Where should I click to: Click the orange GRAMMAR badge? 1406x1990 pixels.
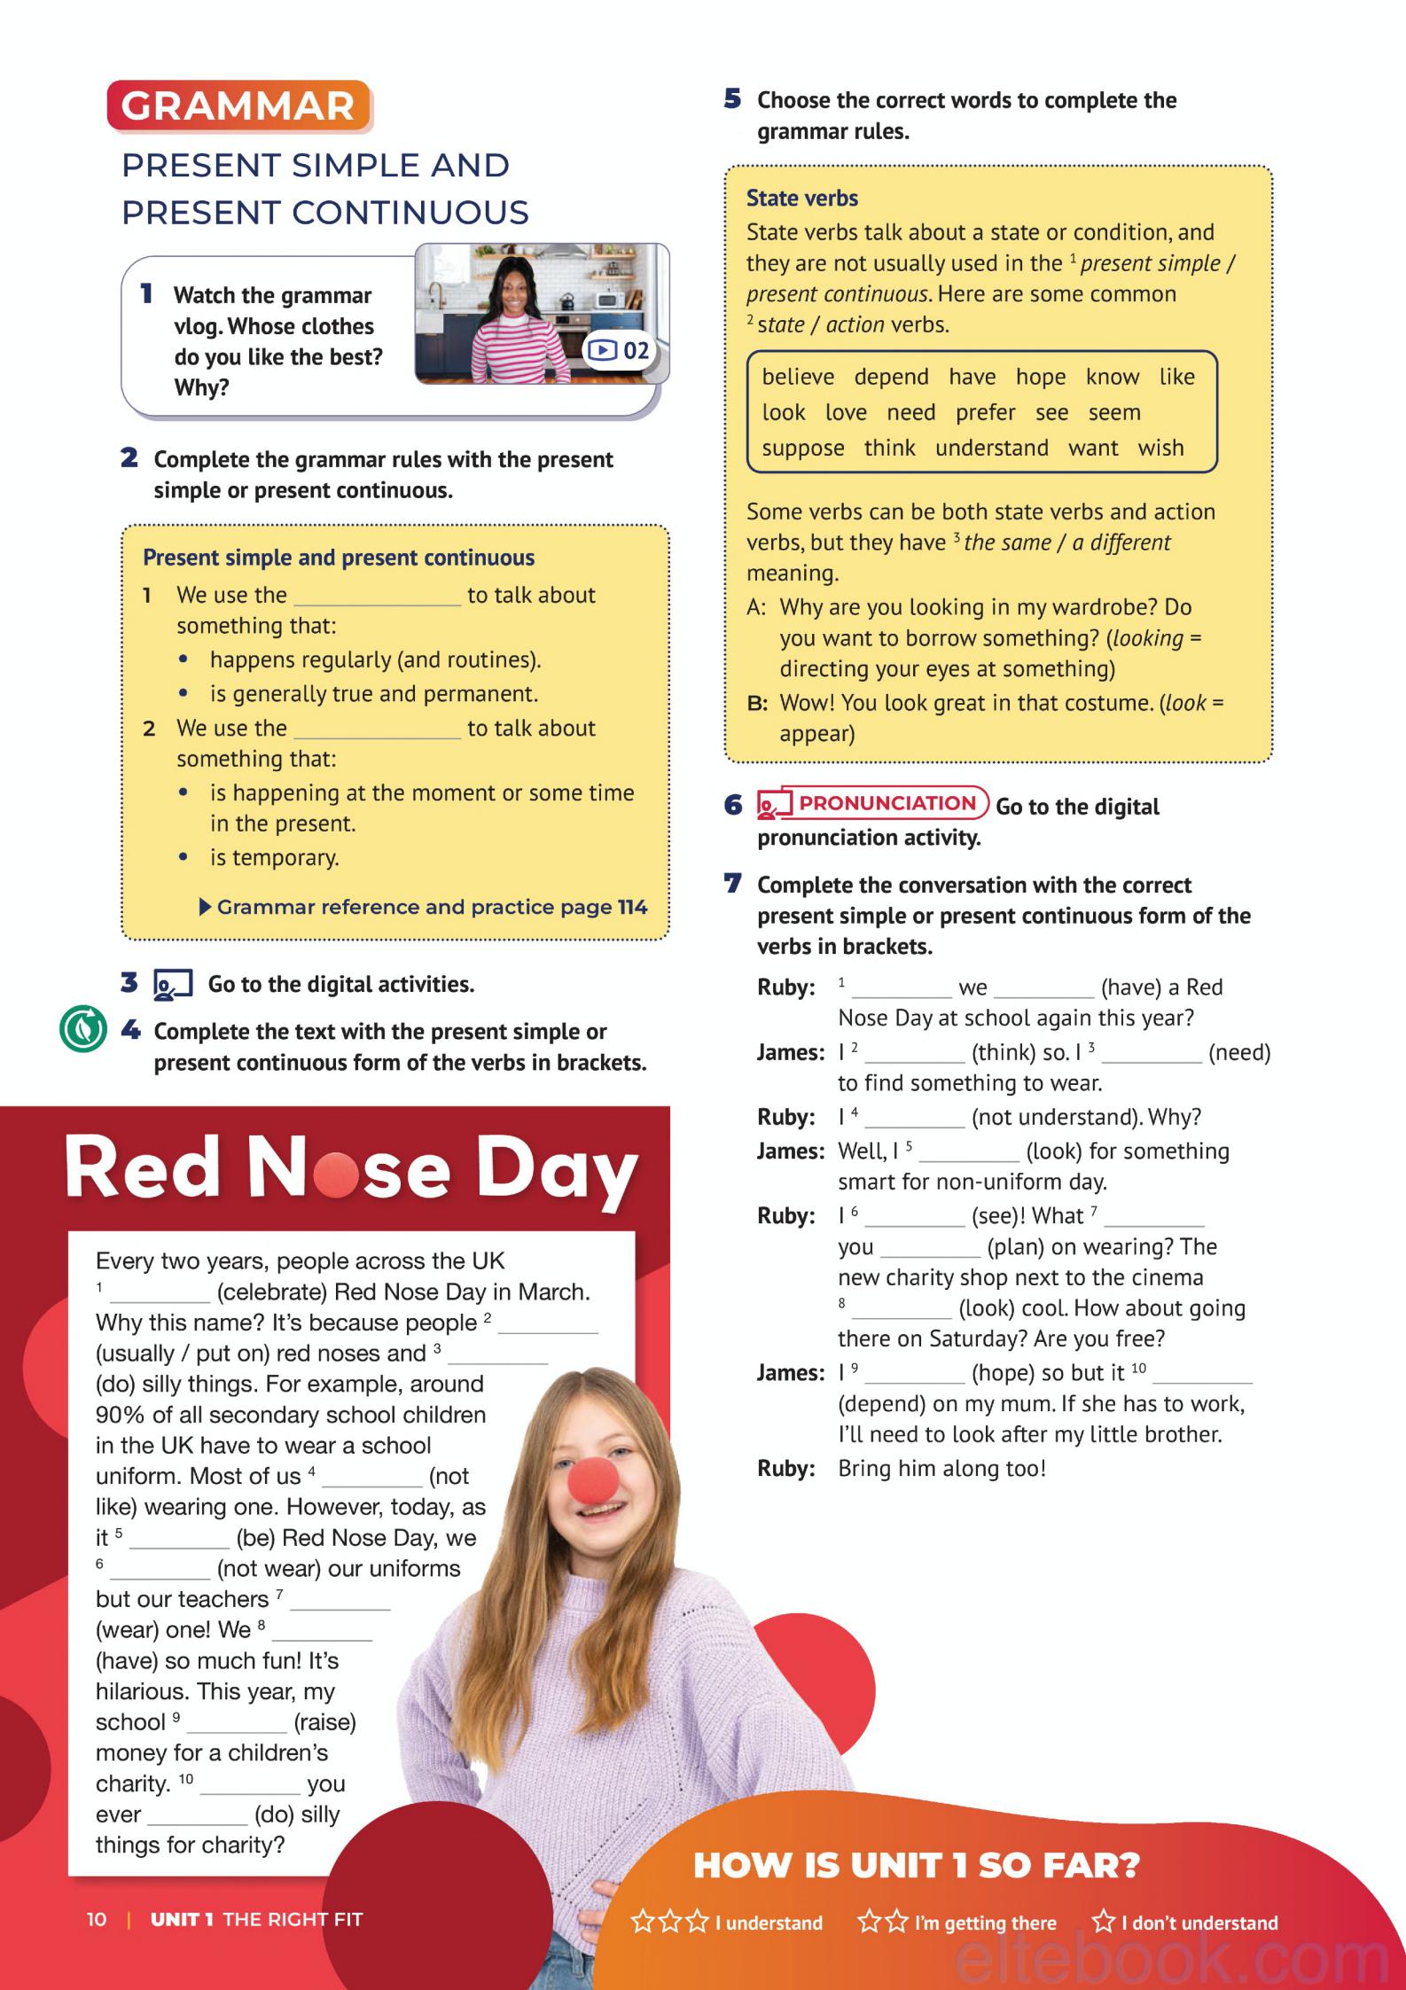click(x=238, y=106)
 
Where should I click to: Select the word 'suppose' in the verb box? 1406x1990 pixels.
click(x=803, y=449)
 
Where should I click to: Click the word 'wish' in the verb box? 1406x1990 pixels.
click(x=1160, y=448)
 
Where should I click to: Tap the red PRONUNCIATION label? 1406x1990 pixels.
click(x=885, y=803)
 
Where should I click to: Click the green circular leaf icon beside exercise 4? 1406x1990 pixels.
click(x=82, y=1029)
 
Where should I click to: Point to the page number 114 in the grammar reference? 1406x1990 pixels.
click(x=632, y=907)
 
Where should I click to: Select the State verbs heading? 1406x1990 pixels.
click(x=801, y=198)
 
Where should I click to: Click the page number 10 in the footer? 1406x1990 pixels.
click(x=97, y=1919)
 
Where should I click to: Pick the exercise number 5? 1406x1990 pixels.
click(x=732, y=99)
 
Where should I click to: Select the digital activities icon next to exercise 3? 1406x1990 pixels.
click(x=173, y=984)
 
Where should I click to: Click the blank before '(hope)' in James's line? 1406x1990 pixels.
click(x=914, y=1375)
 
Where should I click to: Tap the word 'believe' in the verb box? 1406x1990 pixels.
click(x=798, y=377)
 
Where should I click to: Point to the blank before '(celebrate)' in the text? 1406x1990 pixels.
click(x=160, y=1294)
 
